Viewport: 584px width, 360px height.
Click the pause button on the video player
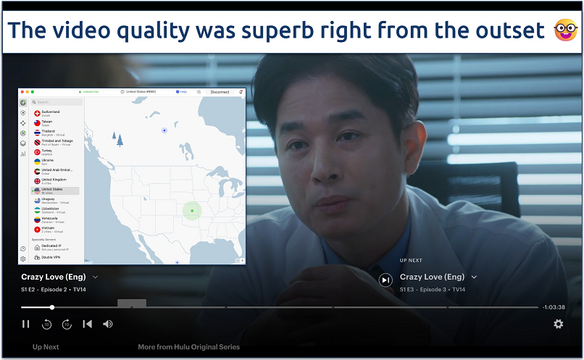point(25,324)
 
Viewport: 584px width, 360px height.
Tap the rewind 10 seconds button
point(46,324)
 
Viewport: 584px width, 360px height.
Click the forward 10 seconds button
point(67,324)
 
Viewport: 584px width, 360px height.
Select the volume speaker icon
point(108,324)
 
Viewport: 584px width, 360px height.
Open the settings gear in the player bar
point(558,324)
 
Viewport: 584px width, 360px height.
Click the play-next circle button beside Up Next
point(385,280)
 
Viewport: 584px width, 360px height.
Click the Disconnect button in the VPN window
point(220,92)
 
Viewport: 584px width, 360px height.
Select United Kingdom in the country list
point(54,180)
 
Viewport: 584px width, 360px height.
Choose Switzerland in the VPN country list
point(51,112)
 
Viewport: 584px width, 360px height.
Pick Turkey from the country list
point(48,151)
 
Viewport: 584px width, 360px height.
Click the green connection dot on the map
point(192,211)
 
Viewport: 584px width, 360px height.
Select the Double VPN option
point(51,257)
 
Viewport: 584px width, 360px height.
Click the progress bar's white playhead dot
point(52,307)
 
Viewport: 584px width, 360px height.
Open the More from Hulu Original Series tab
point(188,347)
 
